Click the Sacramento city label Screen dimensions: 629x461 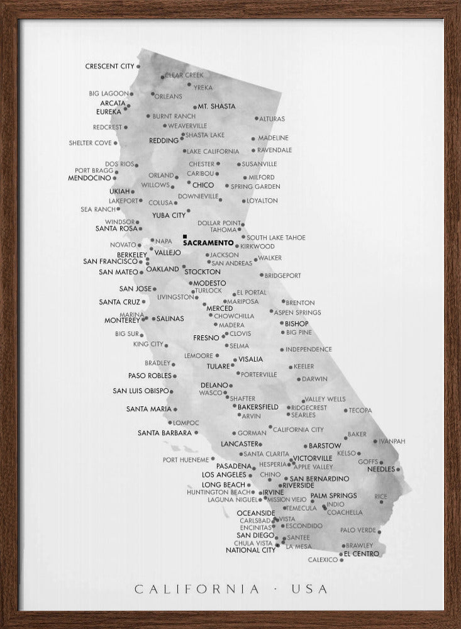click(x=208, y=242)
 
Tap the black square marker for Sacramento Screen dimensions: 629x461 click(x=185, y=237)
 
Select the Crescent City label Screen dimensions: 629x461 click(x=110, y=66)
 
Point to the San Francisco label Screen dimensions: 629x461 click(x=110, y=261)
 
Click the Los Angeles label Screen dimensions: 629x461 click(x=224, y=474)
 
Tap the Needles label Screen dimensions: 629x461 click(x=380, y=469)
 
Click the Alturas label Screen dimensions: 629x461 click(x=272, y=119)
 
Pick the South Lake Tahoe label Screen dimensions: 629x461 click(x=276, y=238)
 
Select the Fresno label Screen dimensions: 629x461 click(x=206, y=338)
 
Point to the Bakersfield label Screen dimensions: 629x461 click(x=258, y=407)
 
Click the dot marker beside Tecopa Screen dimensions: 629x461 click(x=345, y=411)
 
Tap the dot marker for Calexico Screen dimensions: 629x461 click(x=342, y=559)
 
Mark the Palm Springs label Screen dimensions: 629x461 click(x=333, y=496)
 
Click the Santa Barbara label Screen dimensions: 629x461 click(x=165, y=433)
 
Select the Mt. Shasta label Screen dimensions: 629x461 click(x=216, y=107)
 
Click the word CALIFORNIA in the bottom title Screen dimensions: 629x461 click(x=197, y=589)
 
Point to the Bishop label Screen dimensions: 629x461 click(x=296, y=323)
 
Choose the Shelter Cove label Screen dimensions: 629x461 click(x=90, y=143)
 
